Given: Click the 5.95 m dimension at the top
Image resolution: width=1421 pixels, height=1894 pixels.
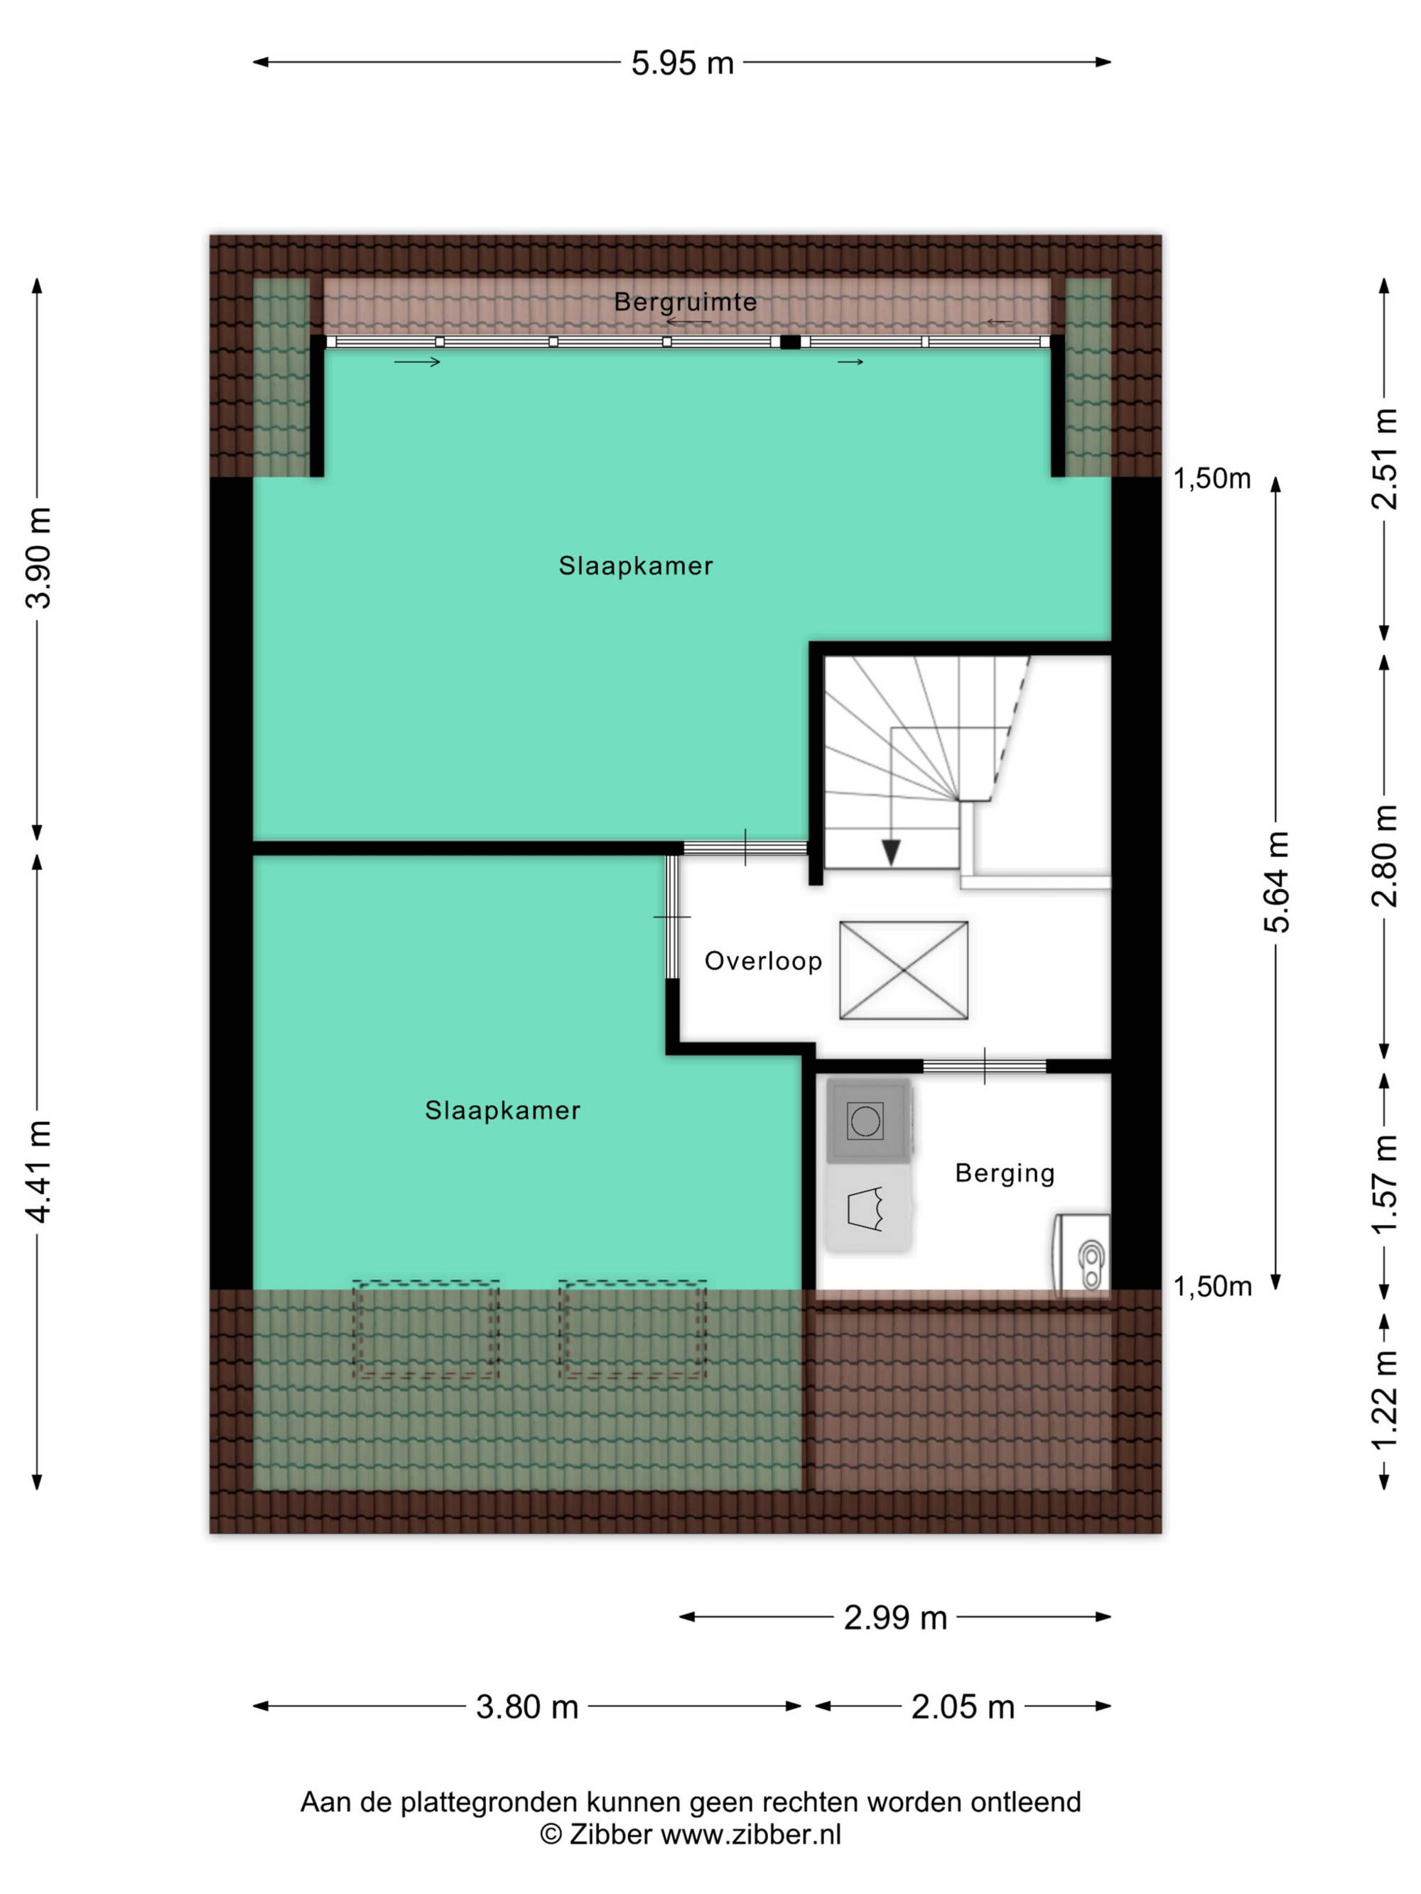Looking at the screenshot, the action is [x=682, y=62].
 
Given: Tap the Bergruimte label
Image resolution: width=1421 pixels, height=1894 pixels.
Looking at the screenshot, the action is [x=685, y=301].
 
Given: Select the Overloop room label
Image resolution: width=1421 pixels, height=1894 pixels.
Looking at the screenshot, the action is [x=762, y=962].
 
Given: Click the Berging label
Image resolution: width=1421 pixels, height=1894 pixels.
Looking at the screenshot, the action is [x=1005, y=1173].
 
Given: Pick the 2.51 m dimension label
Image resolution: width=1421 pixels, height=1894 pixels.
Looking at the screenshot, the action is [x=1384, y=459].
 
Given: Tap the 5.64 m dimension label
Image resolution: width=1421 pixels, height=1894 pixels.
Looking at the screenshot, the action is [x=1275, y=882].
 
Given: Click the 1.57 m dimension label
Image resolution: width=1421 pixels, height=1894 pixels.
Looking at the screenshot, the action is [x=1384, y=1184].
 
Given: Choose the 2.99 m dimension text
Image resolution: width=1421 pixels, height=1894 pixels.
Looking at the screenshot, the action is [x=895, y=1618].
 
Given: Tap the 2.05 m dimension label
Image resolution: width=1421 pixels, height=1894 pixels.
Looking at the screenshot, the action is [x=963, y=1707].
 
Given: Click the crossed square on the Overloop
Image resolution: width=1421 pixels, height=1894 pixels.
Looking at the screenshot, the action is [x=904, y=970].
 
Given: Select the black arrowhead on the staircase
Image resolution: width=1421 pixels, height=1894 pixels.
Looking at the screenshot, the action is [x=891, y=852].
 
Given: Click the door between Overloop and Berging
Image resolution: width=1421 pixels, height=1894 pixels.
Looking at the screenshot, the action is [x=984, y=1066].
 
